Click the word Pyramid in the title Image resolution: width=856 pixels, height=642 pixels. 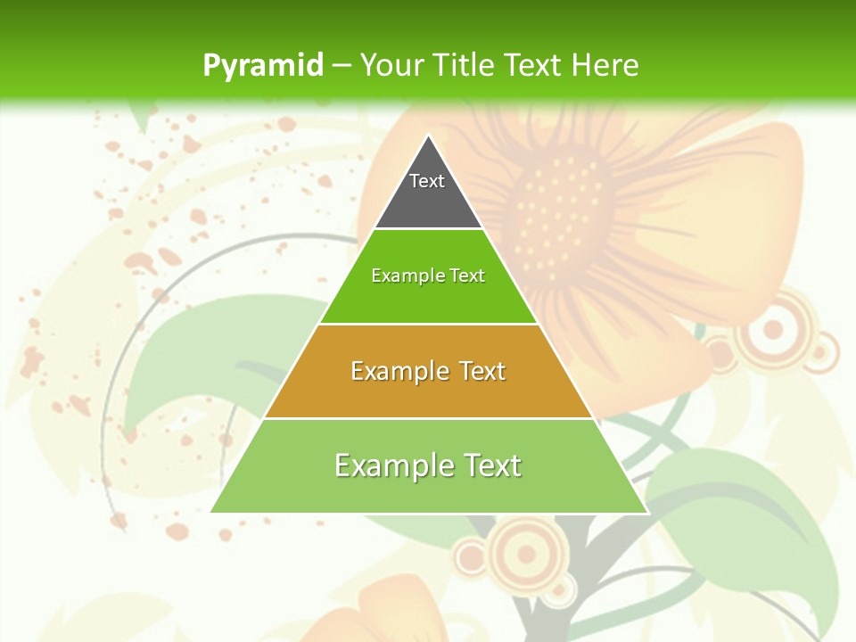pyautogui.click(x=262, y=66)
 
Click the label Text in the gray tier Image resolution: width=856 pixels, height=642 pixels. pyautogui.click(x=427, y=181)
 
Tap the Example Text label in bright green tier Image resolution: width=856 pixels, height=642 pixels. pyautogui.click(x=428, y=276)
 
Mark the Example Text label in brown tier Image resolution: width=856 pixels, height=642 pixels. pyautogui.click(x=428, y=371)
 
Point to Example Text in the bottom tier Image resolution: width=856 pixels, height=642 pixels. pyautogui.click(x=428, y=465)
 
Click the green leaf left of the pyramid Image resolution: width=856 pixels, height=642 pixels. pyautogui.click(x=187, y=357)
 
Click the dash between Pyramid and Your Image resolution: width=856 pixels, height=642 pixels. pyautogui.click(x=342, y=66)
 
